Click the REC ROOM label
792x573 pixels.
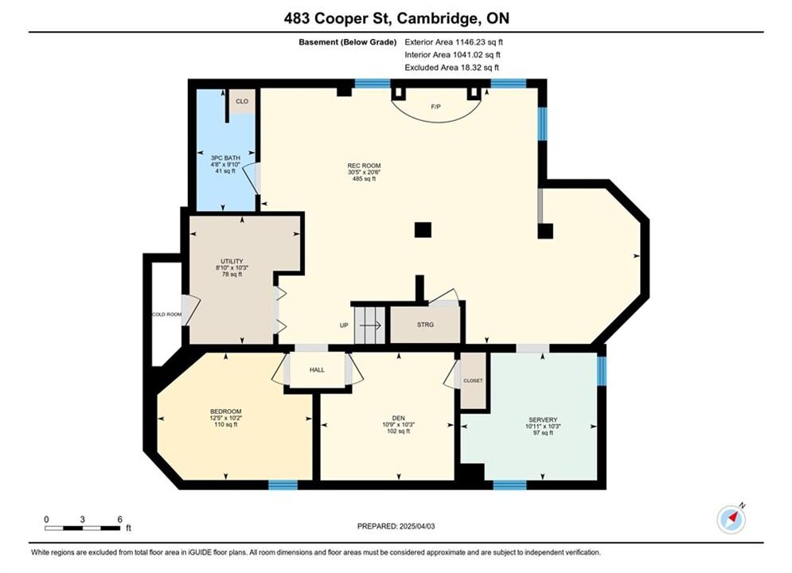[x=364, y=166]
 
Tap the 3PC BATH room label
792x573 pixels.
[x=225, y=158]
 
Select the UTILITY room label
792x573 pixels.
[x=232, y=261]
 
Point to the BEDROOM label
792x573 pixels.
[x=226, y=411]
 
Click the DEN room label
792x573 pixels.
[x=399, y=418]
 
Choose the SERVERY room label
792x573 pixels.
[x=543, y=419]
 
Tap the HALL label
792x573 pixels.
[x=318, y=369]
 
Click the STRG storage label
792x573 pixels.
[x=425, y=325]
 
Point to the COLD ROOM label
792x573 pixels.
[x=166, y=314]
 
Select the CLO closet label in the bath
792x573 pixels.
[x=242, y=102]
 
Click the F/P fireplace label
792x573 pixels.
[x=435, y=107]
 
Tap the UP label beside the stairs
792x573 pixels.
[x=344, y=325]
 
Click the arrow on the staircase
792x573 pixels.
[x=370, y=325]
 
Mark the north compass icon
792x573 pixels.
[x=731, y=519]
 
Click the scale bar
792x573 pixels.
[x=82, y=528]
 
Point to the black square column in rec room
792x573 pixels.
[x=423, y=230]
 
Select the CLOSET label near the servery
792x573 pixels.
[x=473, y=380]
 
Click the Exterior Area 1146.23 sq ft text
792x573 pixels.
[x=454, y=42]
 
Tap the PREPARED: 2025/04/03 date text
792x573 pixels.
[x=396, y=526]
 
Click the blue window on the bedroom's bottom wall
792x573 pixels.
[x=283, y=485]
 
